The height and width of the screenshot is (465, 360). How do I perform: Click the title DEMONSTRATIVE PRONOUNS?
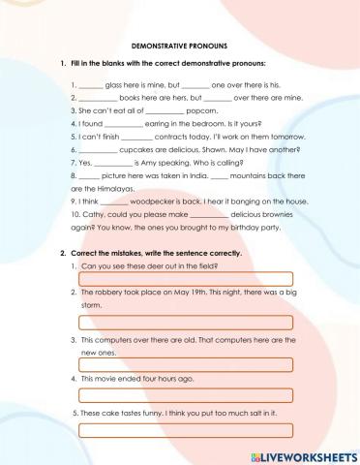(179, 46)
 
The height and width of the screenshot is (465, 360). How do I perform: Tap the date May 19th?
(177, 292)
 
